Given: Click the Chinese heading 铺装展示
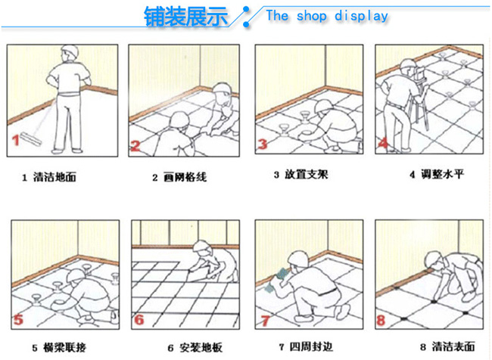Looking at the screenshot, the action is (x=185, y=17).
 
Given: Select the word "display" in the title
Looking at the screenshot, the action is (x=361, y=17).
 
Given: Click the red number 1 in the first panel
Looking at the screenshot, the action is (x=16, y=140).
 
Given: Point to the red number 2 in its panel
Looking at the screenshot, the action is (x=135, y=145).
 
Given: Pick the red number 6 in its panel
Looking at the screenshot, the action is (x=139, y=320).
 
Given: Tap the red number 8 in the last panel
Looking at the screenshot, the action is (x=381, y=320).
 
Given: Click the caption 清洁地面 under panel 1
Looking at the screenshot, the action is (x=54, y=177).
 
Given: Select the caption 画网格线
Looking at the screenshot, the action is (x=185, y=177).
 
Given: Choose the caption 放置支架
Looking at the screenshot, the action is (x=307, y=175).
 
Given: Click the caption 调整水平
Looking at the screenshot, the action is (x=442, y=174).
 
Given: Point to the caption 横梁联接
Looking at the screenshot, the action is (x=65, y=347).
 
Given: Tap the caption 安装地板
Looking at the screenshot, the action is (x=201, y=347).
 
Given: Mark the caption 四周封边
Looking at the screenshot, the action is (x=311, y=346).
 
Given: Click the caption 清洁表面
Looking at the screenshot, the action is (x=453, y=346).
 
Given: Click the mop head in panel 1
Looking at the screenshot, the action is (x=31, y=139).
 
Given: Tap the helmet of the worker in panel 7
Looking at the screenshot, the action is (x=297, y=259).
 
